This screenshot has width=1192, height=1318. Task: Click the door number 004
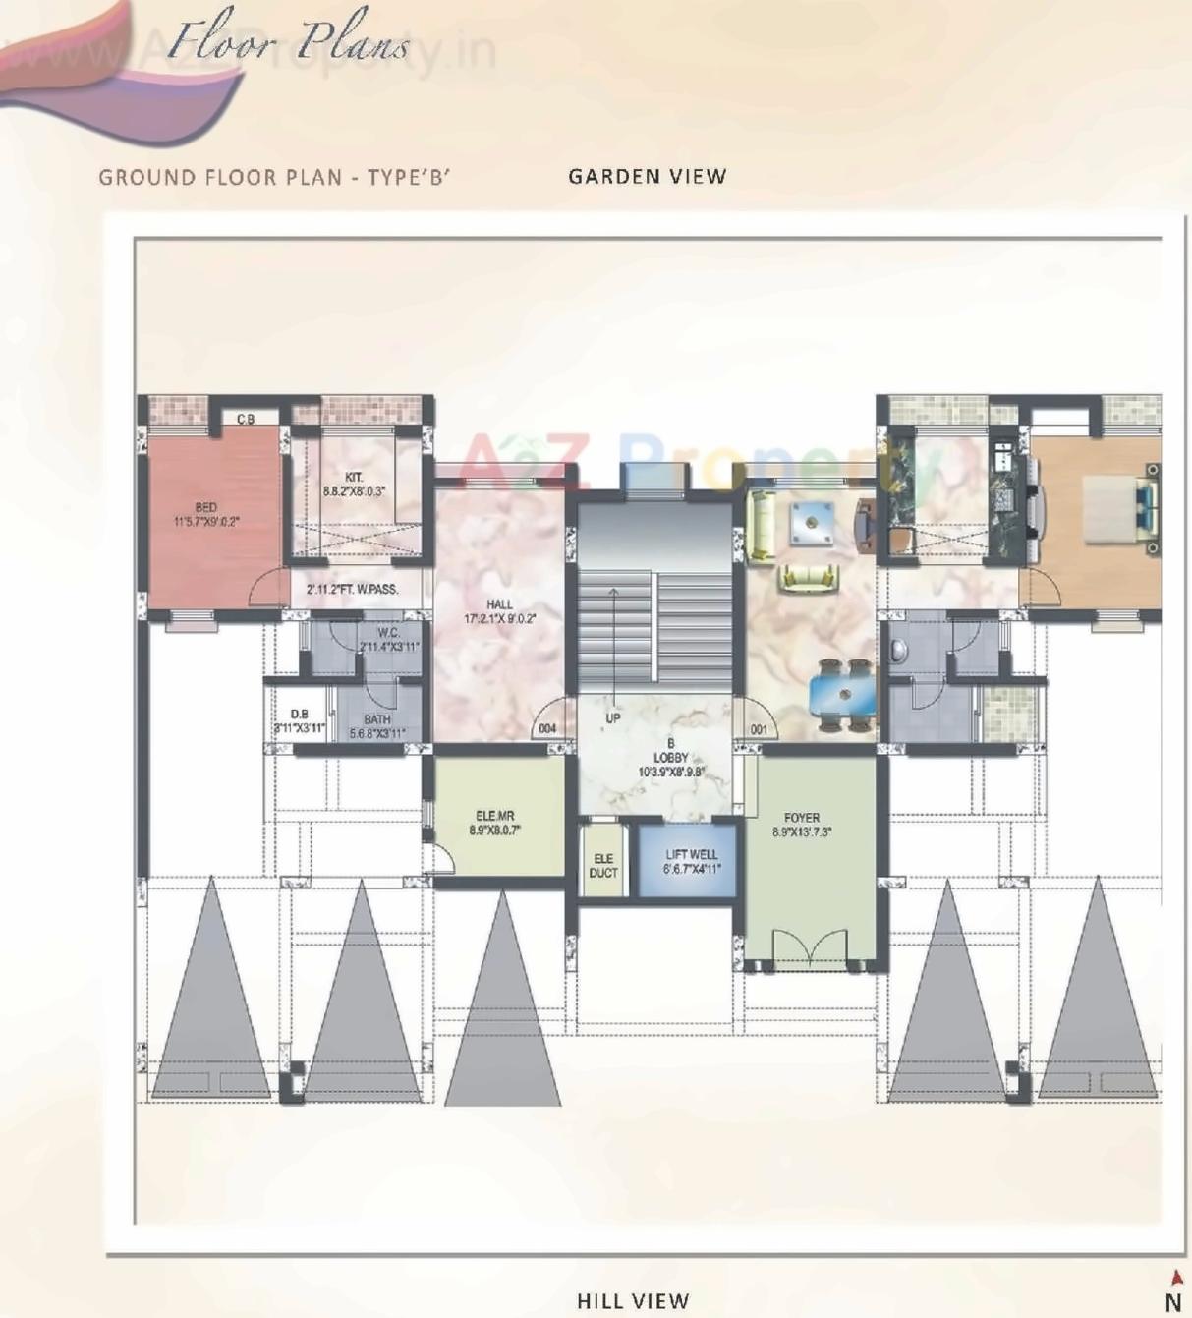pyautogui.click(x=547, y=729)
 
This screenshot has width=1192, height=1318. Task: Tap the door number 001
pyautogui.click(x=759, y=729)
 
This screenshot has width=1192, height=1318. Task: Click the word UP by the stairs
pyautogui.click(x=613, y=718)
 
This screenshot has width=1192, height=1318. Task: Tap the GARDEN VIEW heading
pyautogui.click(x=648, y=177)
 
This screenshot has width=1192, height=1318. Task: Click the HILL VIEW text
pyautogui.click(x=633, y=1301)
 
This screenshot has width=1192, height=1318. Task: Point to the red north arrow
pyautogui.click(x=1175, y=1278)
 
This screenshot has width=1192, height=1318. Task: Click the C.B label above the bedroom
pyautogui.click(x=246, y=419)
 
